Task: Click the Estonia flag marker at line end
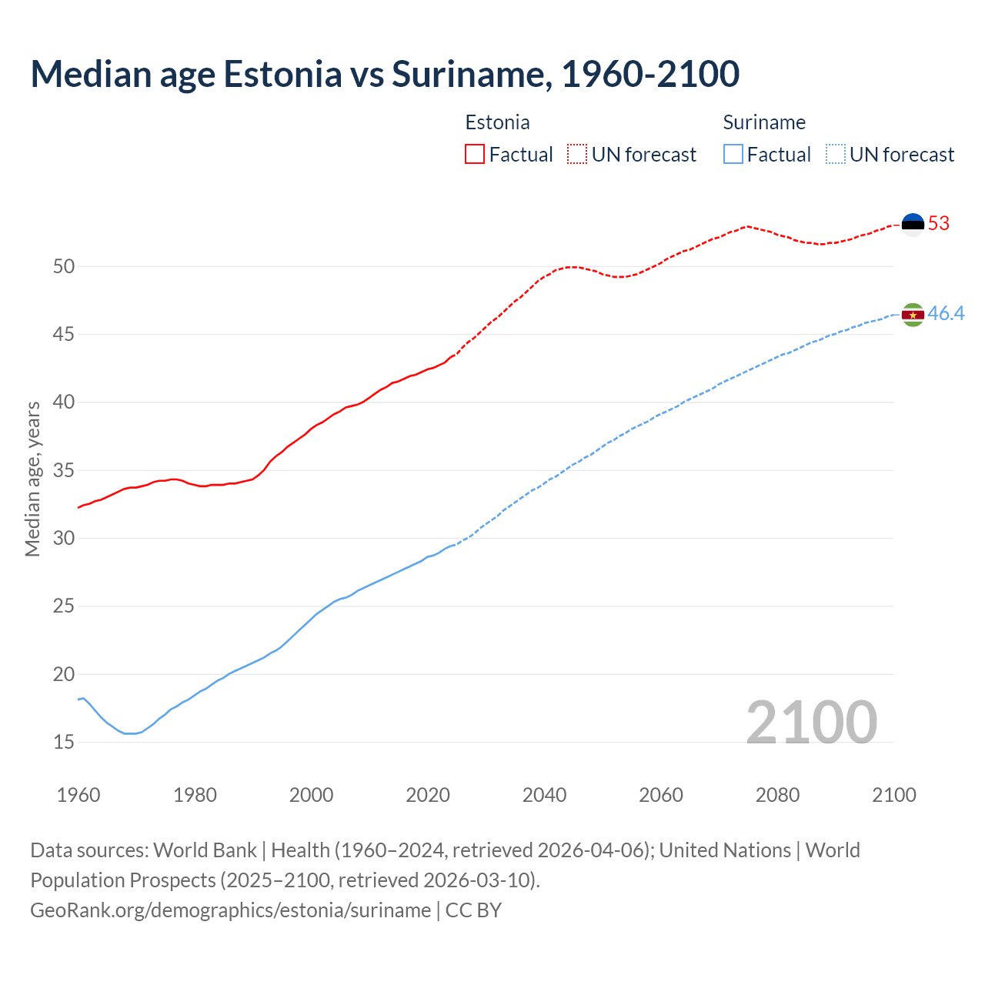[x=913, y=224]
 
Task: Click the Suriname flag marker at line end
[x=913, y=314]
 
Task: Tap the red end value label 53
[x=939, y=224]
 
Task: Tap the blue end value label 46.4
[x=946, y=314]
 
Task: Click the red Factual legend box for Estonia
[x=475, y=155]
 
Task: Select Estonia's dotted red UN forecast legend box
[x=577, y=155]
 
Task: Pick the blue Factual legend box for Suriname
[x=733, y=155]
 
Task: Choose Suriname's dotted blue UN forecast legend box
[x=835, y=155]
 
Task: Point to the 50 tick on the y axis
[x=64, y=267]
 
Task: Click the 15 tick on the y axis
[x=64, y=743]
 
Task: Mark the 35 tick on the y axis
[x=64, y=471]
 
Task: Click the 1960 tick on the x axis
[x=78, y=795]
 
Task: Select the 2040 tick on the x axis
[x=544, y=795]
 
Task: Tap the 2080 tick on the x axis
[x=777, y=795]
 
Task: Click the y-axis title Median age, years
[x=32, y=479]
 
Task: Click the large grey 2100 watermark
[x=811, y=722]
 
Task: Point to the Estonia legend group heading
[x=497, y=122]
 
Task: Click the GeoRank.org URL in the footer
[x=230, y=910]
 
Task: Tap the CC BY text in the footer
[x=473, y=910]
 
